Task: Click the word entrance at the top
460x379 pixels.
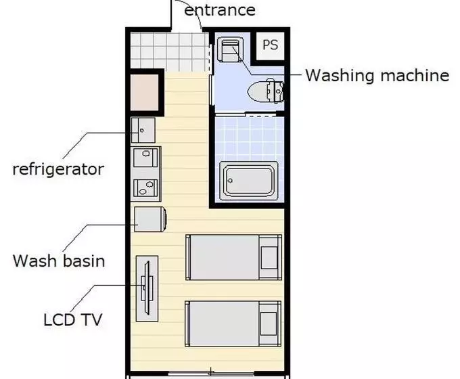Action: (x=220, y=10)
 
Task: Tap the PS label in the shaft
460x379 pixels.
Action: (x=270, y=45)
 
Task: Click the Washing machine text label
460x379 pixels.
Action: (x=377, y=75)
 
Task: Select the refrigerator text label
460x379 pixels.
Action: (x=58, y=170)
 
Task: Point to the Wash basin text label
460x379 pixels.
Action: (x=59, y=261)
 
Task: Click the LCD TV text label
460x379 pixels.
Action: (x=73, y=319)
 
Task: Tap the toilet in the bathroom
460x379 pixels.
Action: (x=265, y=91)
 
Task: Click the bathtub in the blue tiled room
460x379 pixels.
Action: (x=249, y=180)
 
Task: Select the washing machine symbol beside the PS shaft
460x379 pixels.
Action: (x=231, y=49)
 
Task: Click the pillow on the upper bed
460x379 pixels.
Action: (x=269, y=257)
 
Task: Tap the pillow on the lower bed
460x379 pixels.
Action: (x=269, y=324)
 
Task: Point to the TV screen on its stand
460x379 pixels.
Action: (x=147, y=288)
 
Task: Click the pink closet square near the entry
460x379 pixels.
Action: (x=145, y=92)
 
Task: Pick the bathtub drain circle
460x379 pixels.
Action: (x=230, y=181)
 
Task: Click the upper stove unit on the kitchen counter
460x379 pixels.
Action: (x=145, y=158)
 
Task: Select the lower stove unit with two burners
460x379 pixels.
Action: (x=145, y=188)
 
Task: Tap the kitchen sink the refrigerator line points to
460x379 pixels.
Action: (x=143, y=130)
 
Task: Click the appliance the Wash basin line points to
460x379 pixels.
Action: (x=150, y=219)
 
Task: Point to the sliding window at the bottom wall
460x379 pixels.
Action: (x=211, y=374)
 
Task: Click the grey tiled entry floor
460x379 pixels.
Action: (x=170, y=52)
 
